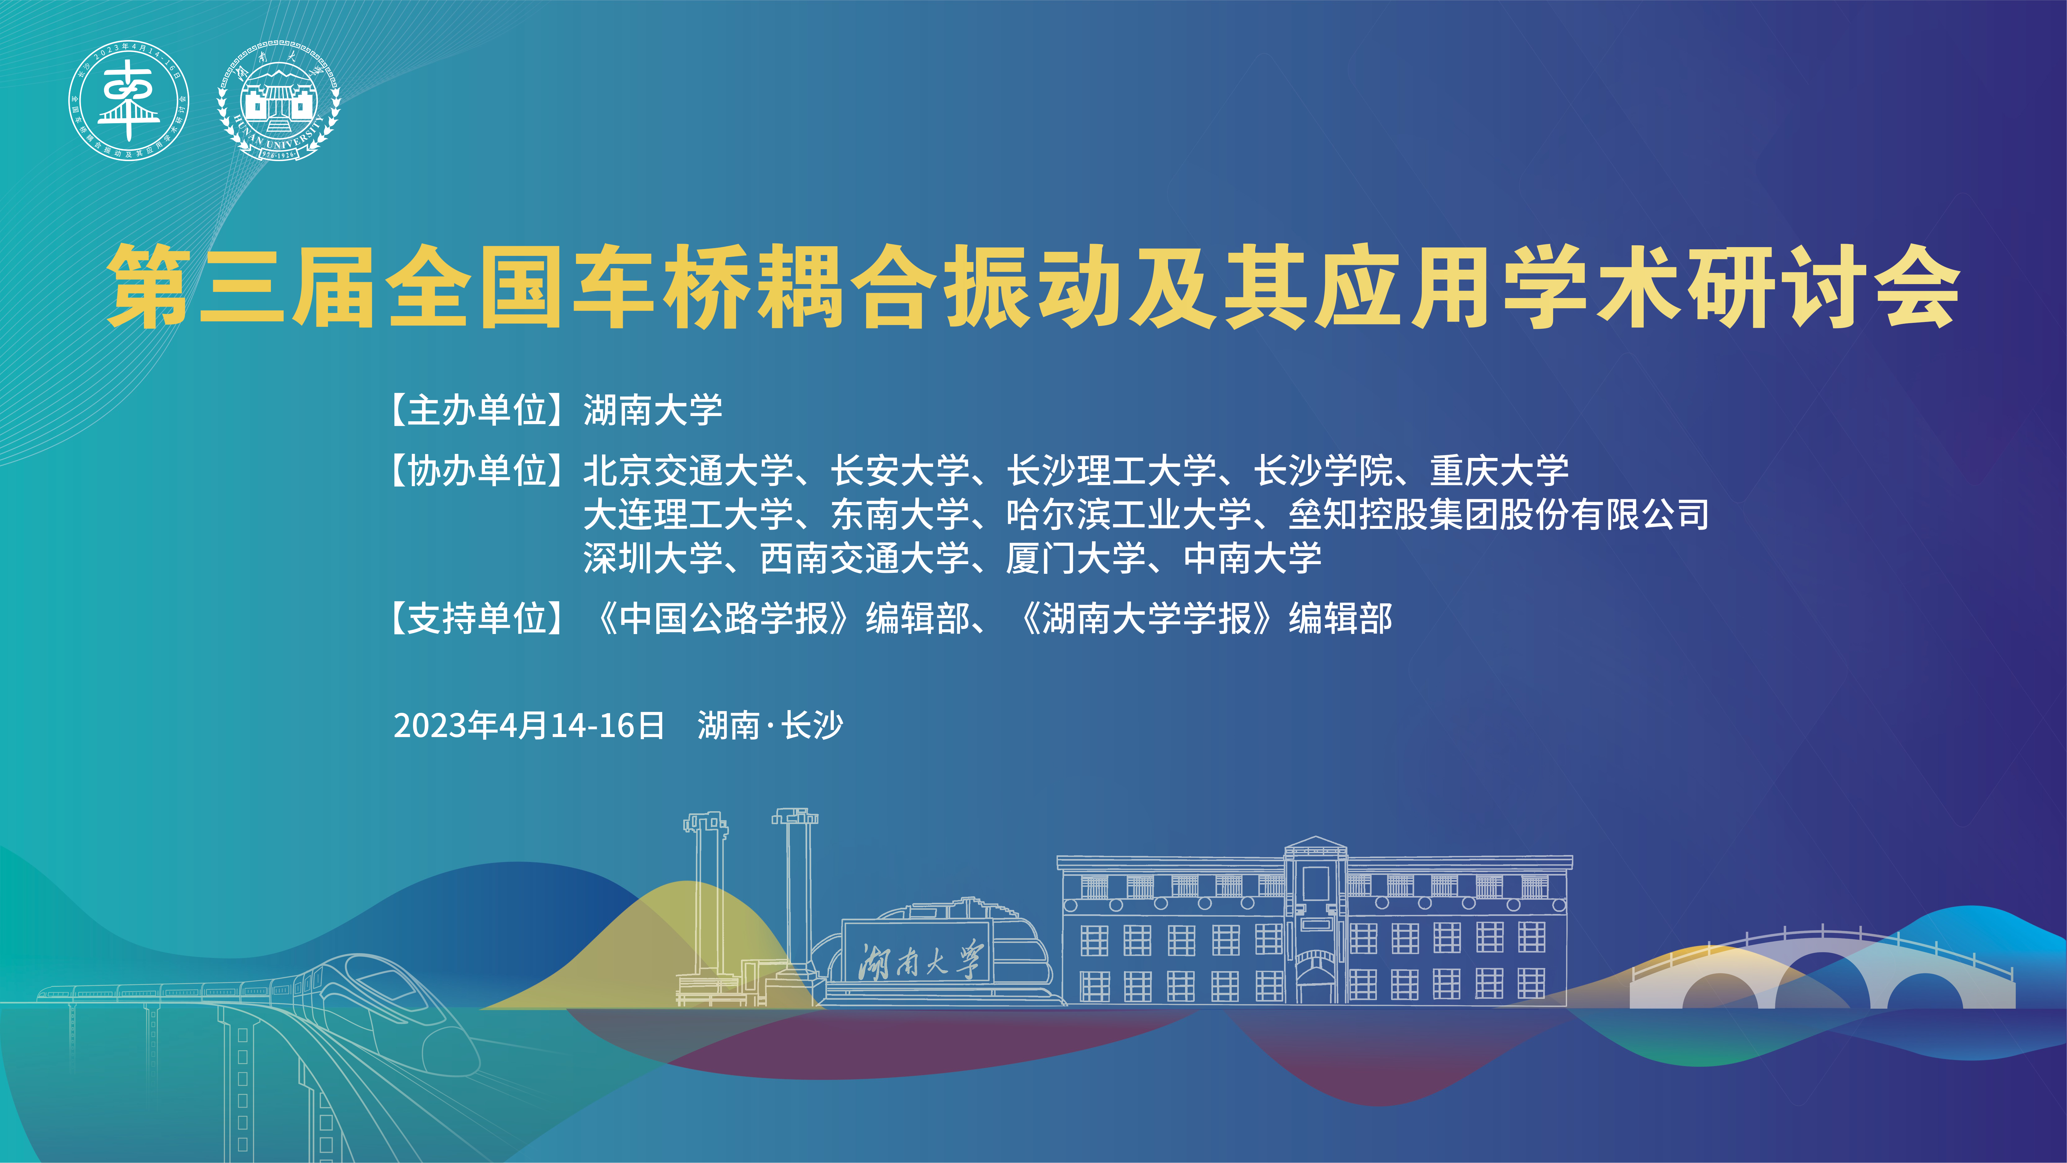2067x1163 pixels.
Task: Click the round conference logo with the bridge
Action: (x=128, y=101)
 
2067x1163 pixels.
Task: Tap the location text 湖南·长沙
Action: (x=770, y=726)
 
